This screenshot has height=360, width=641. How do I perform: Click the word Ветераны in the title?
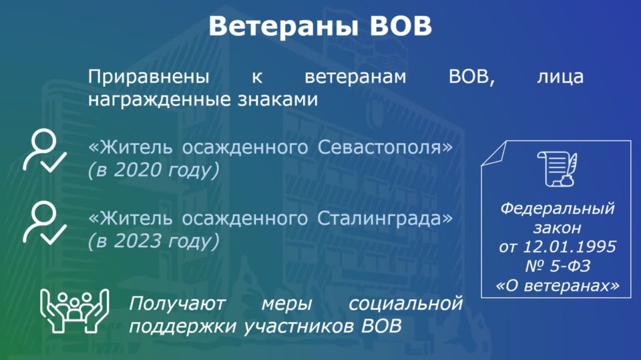[283, 26]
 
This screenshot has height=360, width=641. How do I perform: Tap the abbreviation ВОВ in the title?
[401, 26]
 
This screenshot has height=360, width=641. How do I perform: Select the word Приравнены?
[149, 77]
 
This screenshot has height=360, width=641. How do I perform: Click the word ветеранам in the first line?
[356, 77]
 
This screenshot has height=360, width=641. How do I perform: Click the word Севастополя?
[385, 147]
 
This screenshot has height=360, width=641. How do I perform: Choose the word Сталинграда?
[385, 218]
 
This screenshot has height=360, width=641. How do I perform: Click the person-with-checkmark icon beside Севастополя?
[45, 150]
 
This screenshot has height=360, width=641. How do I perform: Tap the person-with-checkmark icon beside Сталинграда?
[45, 223]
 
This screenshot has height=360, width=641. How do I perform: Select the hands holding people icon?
[74, 311]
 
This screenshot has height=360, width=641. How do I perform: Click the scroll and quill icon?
[557, 168]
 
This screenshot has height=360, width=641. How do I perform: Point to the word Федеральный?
[557, 209]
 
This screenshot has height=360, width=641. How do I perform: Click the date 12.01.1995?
[569, 246]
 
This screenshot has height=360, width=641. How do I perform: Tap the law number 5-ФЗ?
[570, 266]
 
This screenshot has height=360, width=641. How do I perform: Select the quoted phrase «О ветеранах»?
[557, 286]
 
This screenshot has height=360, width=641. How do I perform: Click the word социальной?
[405, 303]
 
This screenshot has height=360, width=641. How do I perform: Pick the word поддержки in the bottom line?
[182, 327]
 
